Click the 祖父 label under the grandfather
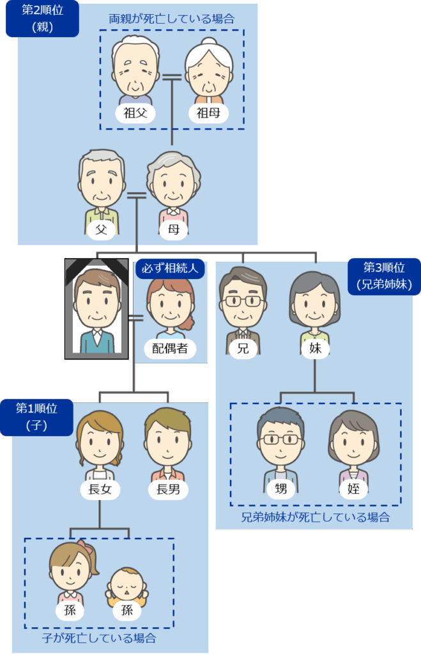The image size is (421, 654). click(x=135, y=113)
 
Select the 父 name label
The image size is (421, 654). click(x=101, y=229)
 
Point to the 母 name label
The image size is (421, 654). click(x=172, y=229)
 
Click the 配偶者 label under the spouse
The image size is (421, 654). click(x=170, y=348)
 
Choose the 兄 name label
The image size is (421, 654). click(x=243, y=348)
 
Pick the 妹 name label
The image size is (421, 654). click(x=314, y=348)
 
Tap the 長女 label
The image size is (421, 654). click(x=99, y=490)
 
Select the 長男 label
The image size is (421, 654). click(x=167, y=490)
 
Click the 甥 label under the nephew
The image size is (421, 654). click(x=280, y=490)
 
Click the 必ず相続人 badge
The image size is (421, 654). click(x=171, y=268)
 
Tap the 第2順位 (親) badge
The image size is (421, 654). click(x=42, y=19)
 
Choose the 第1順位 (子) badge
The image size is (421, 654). click(x=36, y=416)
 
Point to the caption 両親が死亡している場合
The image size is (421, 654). click(x=171, y=19)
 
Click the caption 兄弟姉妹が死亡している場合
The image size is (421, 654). click(x=315, y=517)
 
